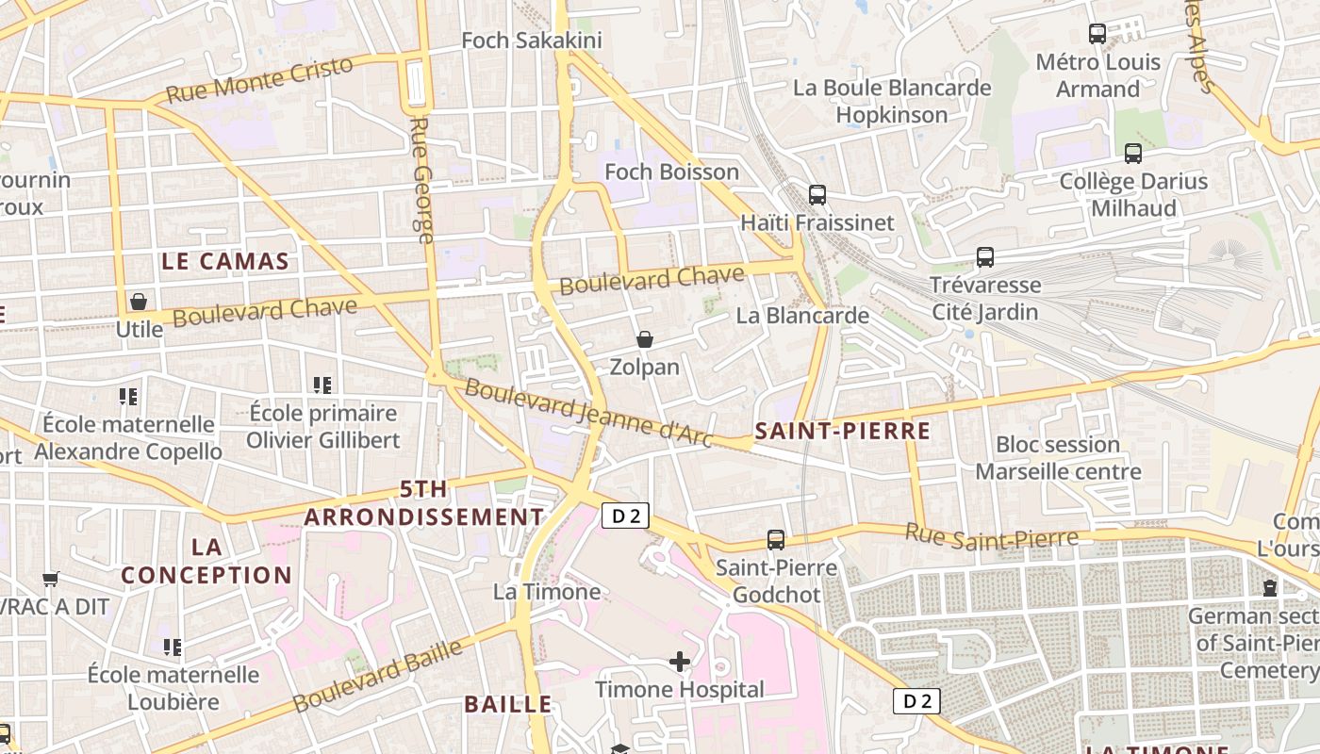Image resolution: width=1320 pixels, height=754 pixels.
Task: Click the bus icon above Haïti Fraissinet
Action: pos(817,195)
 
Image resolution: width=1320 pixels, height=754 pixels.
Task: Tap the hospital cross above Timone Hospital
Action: pos(680,662)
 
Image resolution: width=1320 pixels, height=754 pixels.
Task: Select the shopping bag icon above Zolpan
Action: pos(645,339)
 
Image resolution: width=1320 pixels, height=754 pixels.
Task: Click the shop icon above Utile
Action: pos(139,302)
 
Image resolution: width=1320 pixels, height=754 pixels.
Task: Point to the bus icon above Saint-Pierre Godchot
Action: pos(776,540)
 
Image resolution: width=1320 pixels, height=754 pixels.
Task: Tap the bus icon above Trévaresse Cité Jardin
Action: pos(985,256)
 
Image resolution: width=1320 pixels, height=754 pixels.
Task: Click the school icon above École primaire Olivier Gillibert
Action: pos(322,385)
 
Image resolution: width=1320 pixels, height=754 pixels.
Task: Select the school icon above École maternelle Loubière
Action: pos(172,647)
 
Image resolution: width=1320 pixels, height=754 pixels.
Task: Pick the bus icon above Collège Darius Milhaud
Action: pos(1133,153)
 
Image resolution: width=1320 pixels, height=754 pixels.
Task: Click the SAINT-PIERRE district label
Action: pos(842,432)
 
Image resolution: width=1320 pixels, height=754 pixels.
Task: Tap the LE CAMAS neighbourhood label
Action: pos(225,261)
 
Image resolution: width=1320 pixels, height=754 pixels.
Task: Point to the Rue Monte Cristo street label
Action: pos(259,79)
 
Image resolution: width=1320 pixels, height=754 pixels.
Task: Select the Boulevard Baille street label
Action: pos(377,676)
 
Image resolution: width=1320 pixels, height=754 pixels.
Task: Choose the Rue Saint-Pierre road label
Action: pos(991,535)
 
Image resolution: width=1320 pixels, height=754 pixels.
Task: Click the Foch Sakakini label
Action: pos(531,41)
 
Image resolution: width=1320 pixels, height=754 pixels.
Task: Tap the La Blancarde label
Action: pos(802,315)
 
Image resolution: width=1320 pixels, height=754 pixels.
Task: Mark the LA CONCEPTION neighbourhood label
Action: pos(206,561)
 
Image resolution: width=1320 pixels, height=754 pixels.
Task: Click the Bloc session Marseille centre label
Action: pos(1058,458)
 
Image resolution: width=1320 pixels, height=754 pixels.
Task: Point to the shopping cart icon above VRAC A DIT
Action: pos(51,579)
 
